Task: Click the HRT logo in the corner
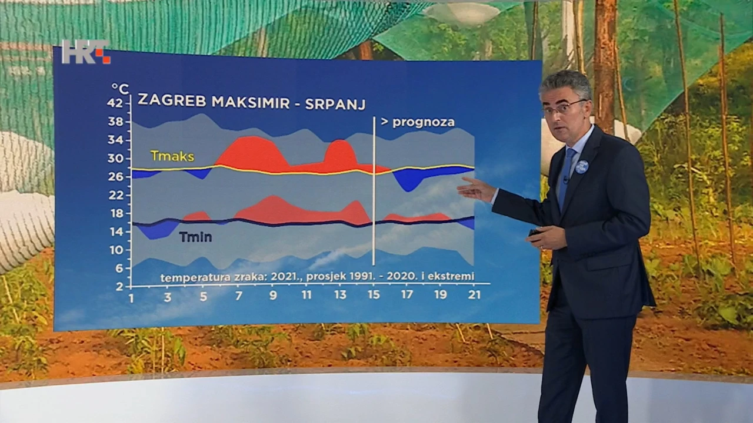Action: coord(86,52)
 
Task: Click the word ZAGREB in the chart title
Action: coord(172,100)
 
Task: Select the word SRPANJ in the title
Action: coord(335,105)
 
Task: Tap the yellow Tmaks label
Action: coord(172,156)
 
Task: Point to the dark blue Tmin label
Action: coord(196,237)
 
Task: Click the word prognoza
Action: coord(424,122)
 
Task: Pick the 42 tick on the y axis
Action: coord(115,103)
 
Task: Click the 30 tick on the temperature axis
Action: coord(115,158)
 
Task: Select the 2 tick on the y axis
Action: coord(119,286)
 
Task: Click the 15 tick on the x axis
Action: coord(374,295)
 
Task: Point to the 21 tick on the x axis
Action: coord(474,294)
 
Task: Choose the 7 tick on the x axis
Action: coord(238,296)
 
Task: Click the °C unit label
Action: coord(120,89)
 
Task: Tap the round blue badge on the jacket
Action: coord(579,166)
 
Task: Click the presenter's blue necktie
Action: coord(567,177)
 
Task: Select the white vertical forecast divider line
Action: coord(374,191)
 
